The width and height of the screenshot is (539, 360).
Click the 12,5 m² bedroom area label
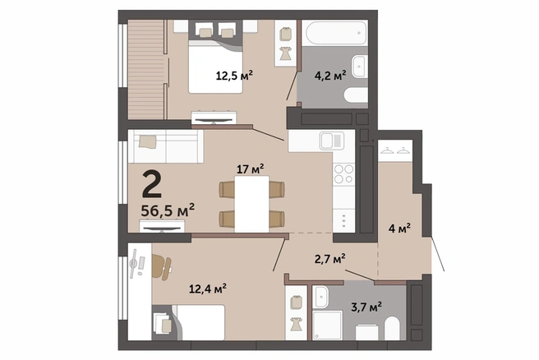click(x=234, y=76)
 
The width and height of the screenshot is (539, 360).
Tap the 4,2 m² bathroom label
click(x=330, y=75)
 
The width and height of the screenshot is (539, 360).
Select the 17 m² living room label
click(x=251, y=168)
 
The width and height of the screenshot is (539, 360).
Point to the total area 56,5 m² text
click(x=168, y=210)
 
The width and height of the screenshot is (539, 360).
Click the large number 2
click(x=151, y=185)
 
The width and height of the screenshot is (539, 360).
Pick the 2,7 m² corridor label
click(x=330, y=259)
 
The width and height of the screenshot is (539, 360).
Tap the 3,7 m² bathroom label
click(x=366, y=307)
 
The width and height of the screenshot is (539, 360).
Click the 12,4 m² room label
click(x=208, y=288)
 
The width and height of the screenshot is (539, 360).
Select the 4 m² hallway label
click(x=399, y=228)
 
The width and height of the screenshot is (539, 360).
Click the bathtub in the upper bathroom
click(x=335, y=33)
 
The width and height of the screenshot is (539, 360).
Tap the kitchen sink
click(x=332, y=141)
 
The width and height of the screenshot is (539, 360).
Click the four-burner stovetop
click(x=343, y=174)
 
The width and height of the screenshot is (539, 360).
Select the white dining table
click(x=252, y=204)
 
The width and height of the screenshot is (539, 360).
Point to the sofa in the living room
click(x=166, y=146)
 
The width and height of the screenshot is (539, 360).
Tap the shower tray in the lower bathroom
click(x=328, y=325)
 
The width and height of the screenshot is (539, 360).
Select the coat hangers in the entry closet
click(x=395, y=150)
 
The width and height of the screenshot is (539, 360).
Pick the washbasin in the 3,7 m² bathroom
click(x=321, y=297)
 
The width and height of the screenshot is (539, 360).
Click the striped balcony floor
click(x=145, y=70)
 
